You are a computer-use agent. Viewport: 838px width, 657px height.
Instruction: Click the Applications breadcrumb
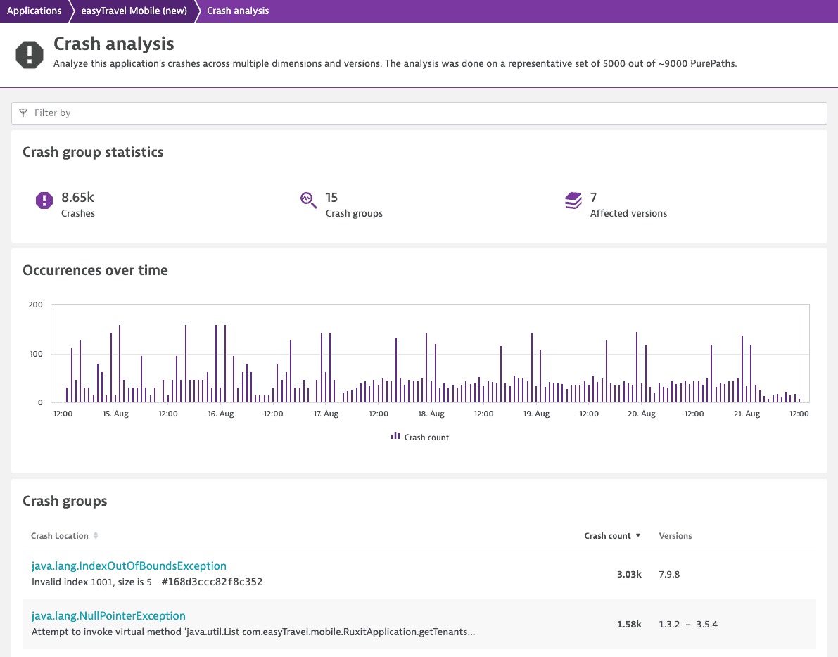pos(34,11)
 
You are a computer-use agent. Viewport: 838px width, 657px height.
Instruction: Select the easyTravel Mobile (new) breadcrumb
pos(134,11)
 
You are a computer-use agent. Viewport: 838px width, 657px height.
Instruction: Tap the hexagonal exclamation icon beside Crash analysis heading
pos(30,54)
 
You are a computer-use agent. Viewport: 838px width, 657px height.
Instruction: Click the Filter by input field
pos(419,113)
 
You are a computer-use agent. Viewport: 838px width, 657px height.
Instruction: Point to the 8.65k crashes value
pos(77,198)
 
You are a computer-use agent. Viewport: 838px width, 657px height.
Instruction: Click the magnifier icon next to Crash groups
pos(308,200)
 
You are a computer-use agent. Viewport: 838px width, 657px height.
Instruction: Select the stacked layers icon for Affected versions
pos(573,200)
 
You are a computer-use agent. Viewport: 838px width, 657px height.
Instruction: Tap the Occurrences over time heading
pos(95,270)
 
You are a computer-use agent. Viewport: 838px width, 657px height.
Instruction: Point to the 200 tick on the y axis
pos(36,305)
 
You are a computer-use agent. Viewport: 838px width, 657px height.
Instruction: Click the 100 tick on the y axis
pos(36,354)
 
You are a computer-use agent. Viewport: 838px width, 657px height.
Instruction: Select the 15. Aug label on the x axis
pos(115,414)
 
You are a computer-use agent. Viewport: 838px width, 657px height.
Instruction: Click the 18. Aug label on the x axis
pos(431,414)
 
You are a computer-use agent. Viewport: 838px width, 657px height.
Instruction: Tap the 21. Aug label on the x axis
pos(747,414)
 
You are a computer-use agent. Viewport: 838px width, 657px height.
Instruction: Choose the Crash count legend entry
pos(420,437)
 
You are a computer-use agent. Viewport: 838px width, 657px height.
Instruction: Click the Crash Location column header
pos(59,536)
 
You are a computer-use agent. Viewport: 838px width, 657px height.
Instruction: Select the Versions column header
pos(675,536)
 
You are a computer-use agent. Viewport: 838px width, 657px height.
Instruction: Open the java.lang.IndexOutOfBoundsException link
pos(129,566)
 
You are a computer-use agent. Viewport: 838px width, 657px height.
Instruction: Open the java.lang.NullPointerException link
pos(108,616)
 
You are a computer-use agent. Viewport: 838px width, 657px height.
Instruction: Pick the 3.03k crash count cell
pos(629,574)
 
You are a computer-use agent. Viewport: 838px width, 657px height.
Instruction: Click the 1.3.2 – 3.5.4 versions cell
pos(688,625)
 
